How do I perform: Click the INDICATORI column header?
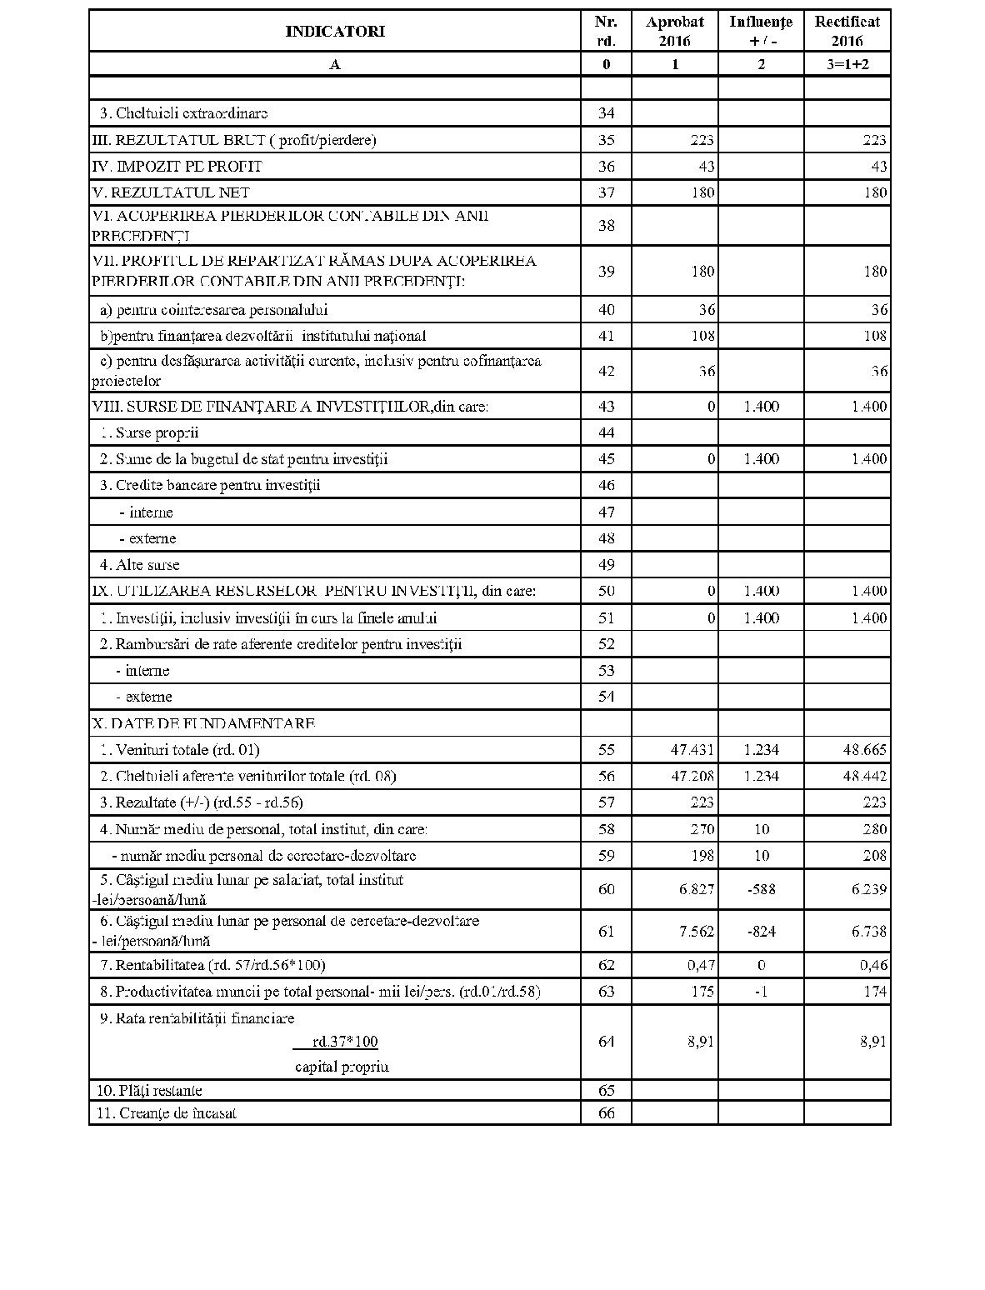coord(335,32)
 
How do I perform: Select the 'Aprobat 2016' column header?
coord(674,32)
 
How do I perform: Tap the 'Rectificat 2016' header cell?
coord(847,32)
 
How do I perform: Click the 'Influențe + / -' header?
coord(761,32)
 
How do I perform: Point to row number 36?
coord(606,167)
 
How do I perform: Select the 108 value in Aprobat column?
coord(702,336)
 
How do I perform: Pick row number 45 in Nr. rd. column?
coord(606,459)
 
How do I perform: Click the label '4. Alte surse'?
coord(139,565)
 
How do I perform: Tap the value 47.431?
coord(692,750)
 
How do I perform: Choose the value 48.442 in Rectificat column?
coord(864,777)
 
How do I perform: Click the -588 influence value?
coord(761,889)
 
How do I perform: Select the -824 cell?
coord(761,932)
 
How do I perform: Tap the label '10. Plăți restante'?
coord(149,1091)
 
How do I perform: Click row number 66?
coord(606,1113)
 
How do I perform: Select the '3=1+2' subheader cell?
coord(847,64)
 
